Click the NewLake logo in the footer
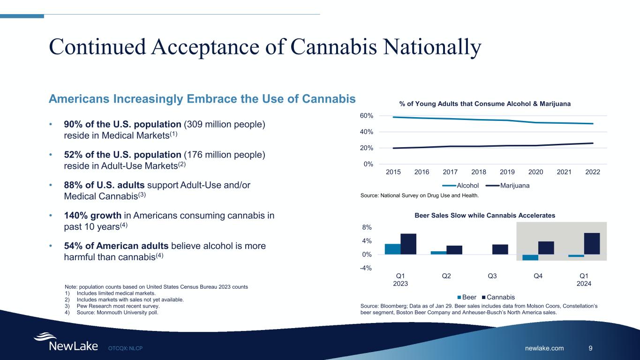click(66, 342)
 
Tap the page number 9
click(590, 348)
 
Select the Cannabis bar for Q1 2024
click(592, 244)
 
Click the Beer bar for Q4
click(530, 257)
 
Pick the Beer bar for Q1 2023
click(392, 249)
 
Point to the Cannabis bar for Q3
click(500, 249)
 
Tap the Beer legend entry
click(469, 297)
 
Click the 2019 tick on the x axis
click(507, 172)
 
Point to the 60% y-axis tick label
click(366, 116)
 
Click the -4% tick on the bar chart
click(366, 268)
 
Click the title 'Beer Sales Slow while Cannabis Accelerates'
click(485, 215)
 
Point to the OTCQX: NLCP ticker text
click(125, 348)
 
